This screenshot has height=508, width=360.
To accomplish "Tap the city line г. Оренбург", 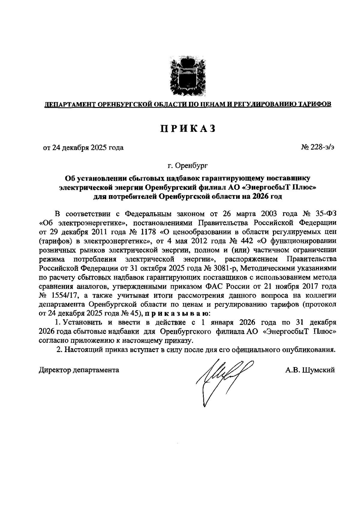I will [187, 165].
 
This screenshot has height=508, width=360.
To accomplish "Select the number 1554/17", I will [65, 295].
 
